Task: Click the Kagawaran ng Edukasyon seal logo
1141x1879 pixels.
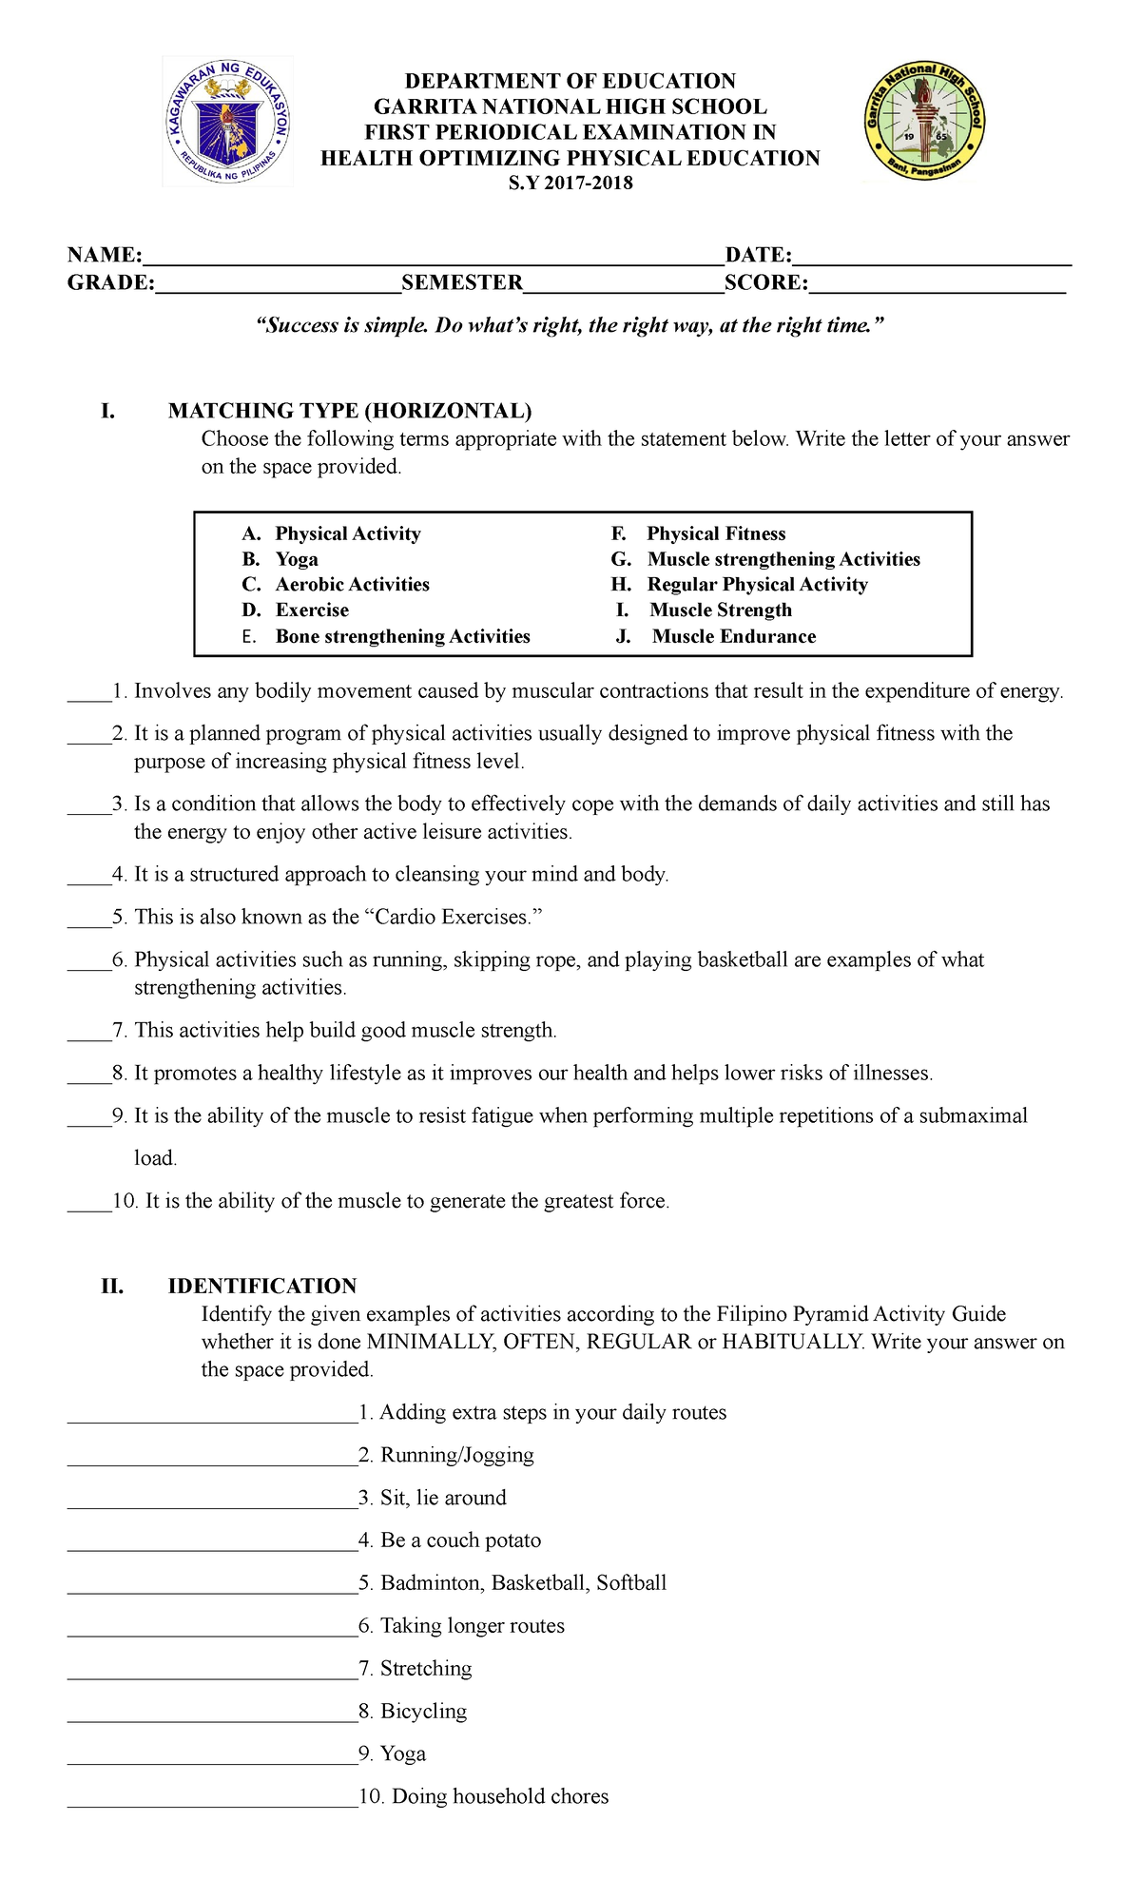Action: point(228,122)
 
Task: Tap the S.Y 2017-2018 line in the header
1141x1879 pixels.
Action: point(570,184)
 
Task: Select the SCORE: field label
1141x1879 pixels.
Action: point(766,282)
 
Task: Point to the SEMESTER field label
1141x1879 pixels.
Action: point(462,282)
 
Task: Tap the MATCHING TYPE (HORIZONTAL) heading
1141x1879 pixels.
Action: point(350,411)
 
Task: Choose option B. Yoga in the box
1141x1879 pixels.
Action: point(280,559)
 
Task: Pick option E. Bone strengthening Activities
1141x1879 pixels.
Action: point(387,636)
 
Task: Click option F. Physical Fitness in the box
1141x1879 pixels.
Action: point(699,533)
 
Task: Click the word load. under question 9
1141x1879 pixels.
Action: point(155,1158)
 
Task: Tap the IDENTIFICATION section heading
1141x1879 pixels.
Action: point(261,1286)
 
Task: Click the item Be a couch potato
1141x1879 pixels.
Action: point(460,1540)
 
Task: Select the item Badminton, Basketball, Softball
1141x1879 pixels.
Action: point(523,1582)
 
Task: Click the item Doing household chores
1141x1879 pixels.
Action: point(500,1796)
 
